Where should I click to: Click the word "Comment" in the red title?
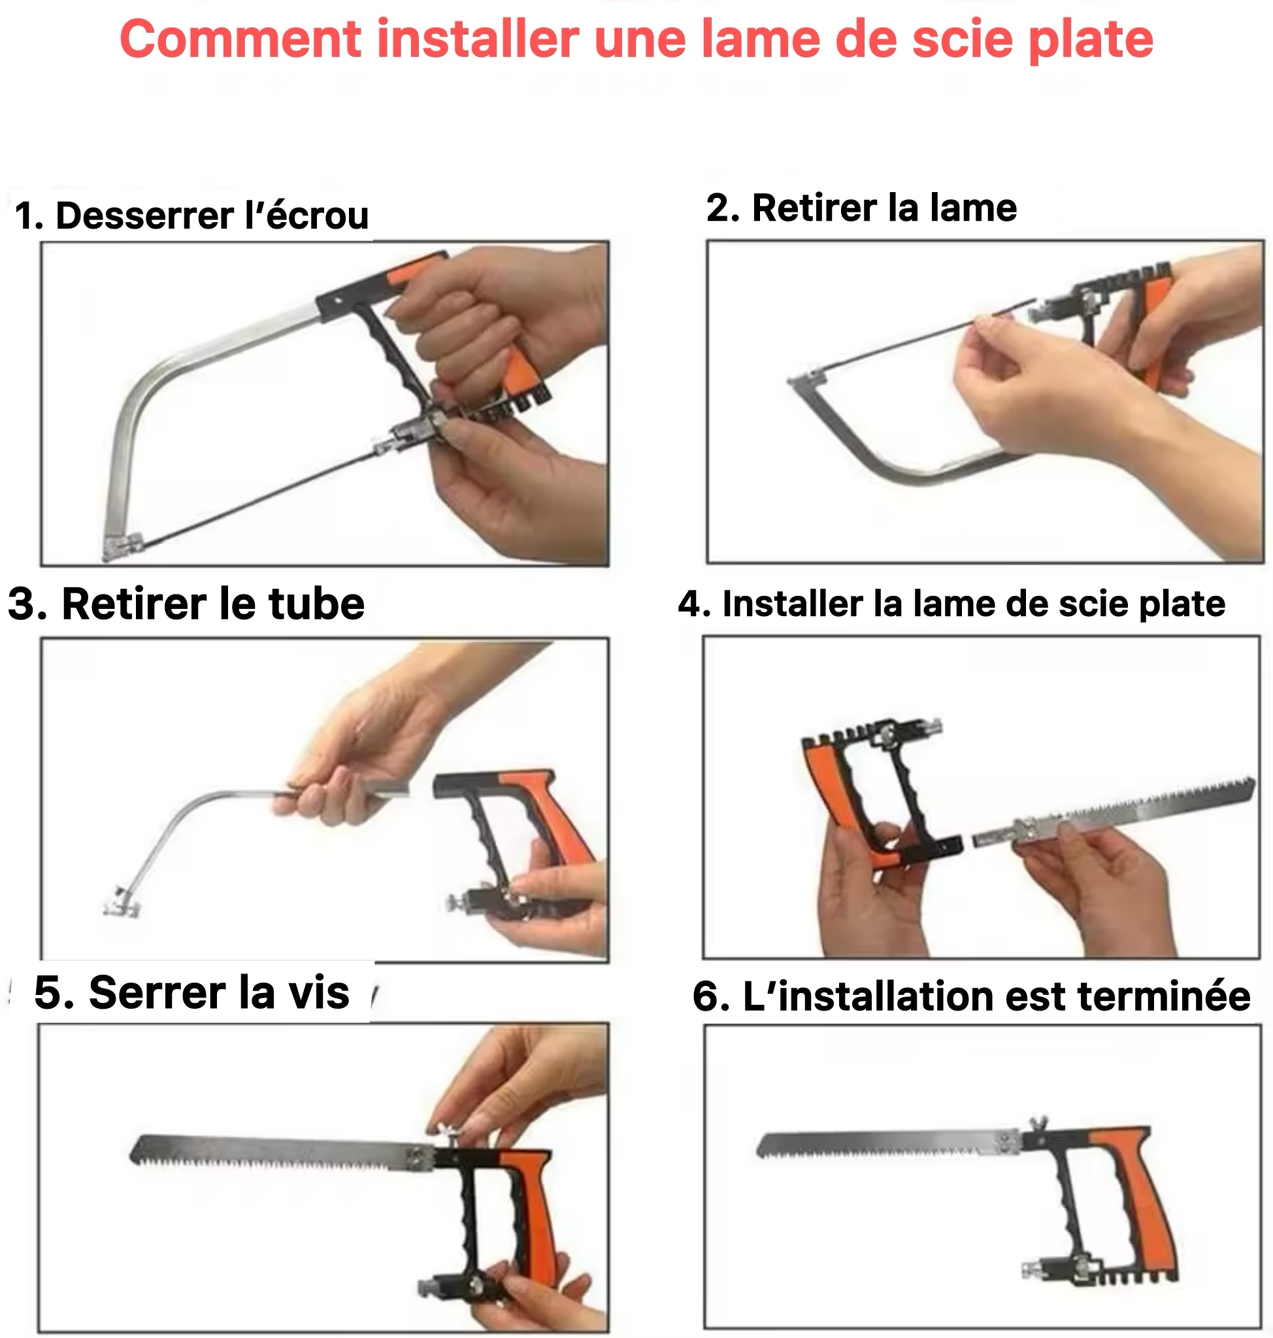pos(240,39)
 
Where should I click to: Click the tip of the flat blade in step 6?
pos(757,1147)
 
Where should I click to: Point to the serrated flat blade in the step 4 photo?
pos(1113,811)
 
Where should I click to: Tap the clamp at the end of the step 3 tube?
pos(121,902)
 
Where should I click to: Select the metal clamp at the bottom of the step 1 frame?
pos(123,546)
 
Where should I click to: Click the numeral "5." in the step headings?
pos(54,992)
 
